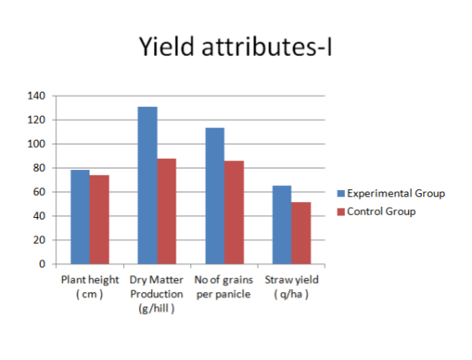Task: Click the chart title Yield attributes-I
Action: (236, 46)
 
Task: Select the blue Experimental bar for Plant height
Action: (80, 217)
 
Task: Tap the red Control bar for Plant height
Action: (99, 220)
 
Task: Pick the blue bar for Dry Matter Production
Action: (148, 185)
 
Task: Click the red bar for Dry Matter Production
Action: (167, 211)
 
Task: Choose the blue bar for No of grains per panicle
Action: (215, 196)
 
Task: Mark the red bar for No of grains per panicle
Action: (234, 212)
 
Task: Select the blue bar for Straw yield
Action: (282, 225)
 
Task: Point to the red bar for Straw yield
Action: (301, 233)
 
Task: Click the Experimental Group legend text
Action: (396, 193)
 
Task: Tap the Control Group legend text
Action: (381, 212)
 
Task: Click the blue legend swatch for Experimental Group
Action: (341, 193)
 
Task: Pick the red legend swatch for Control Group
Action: (341, 212)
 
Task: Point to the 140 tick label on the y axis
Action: (36, 96)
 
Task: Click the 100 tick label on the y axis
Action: (36, 144)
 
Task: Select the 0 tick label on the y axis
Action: (42, 264)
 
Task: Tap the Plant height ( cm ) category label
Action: (89, 287)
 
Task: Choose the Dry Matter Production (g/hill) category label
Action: (157, 294)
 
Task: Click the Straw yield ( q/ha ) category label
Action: (292, 287)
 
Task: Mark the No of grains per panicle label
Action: (224, 287)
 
